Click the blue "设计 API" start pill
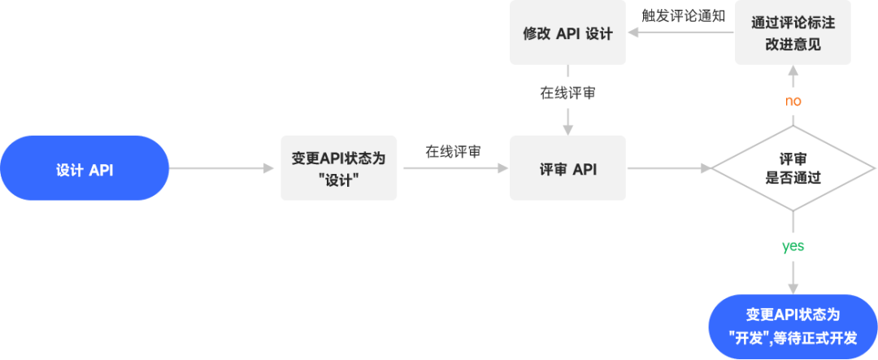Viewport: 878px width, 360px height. [x=85, y=168]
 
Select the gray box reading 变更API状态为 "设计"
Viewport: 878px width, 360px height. [x=338, y=168]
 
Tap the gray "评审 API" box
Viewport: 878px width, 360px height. [x=567, y=168]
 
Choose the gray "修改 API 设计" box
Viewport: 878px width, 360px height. [x=567, y=34]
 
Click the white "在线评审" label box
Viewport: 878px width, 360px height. [x=567, y=93]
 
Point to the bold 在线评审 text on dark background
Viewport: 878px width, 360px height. [x=453, y=151]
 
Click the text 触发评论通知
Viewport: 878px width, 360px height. [x=683, y=15]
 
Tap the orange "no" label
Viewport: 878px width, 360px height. [x=793, y=102]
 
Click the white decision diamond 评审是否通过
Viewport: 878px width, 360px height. [x=793, y=168]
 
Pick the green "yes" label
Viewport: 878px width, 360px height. [x=793, y=246]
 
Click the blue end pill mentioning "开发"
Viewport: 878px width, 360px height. [x=793, y=325]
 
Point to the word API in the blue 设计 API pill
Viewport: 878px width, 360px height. [x=101, y=169]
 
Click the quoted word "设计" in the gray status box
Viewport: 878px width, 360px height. [x=339, y=179]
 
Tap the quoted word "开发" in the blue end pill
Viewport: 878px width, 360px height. [x=747, y=336]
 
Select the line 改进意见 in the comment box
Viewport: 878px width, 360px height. [x=793, y=45]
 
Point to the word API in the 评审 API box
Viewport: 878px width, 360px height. [x=585, y=169]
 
